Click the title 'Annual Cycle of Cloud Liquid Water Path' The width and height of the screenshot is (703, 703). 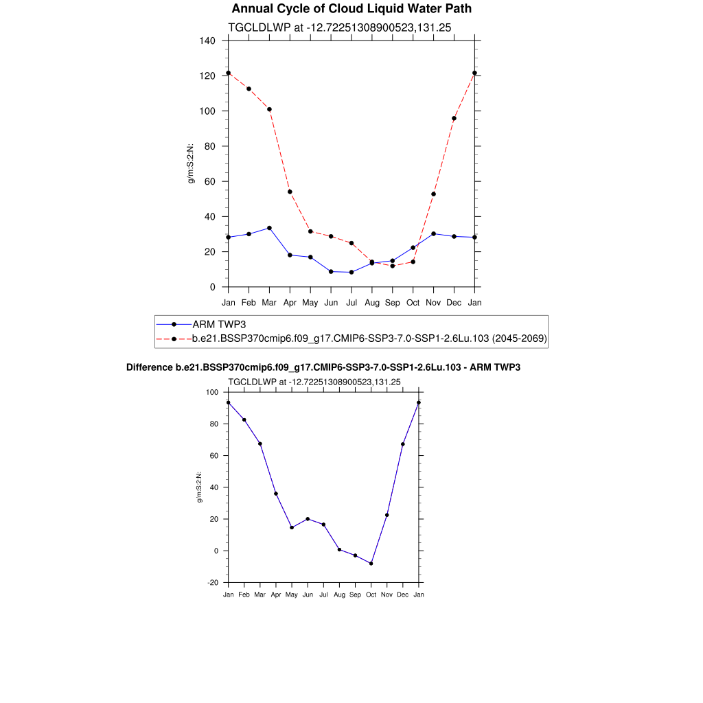point(351,9)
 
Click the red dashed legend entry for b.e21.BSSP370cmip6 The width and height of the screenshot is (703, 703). point(369,338)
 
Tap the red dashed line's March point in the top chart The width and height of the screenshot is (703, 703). point(269,109)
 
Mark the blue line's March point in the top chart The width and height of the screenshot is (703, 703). point(269,228)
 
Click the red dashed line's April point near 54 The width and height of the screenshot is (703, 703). point(290,192)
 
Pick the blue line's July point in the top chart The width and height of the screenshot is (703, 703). point(351,272)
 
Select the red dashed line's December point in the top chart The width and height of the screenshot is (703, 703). point(454,118)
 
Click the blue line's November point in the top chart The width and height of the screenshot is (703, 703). point(433,233)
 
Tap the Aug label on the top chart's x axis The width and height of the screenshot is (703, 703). point(372,302)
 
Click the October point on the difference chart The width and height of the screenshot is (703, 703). point(371,564)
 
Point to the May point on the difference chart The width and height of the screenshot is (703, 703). point(292,527)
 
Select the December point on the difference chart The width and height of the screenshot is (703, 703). point(403,444)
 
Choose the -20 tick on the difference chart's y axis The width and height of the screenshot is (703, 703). point(214,583)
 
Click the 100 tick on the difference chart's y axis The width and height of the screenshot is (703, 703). point(212,393)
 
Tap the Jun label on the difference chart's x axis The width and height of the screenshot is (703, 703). point(308,595)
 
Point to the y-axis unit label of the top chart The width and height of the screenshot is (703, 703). point(192,163)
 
